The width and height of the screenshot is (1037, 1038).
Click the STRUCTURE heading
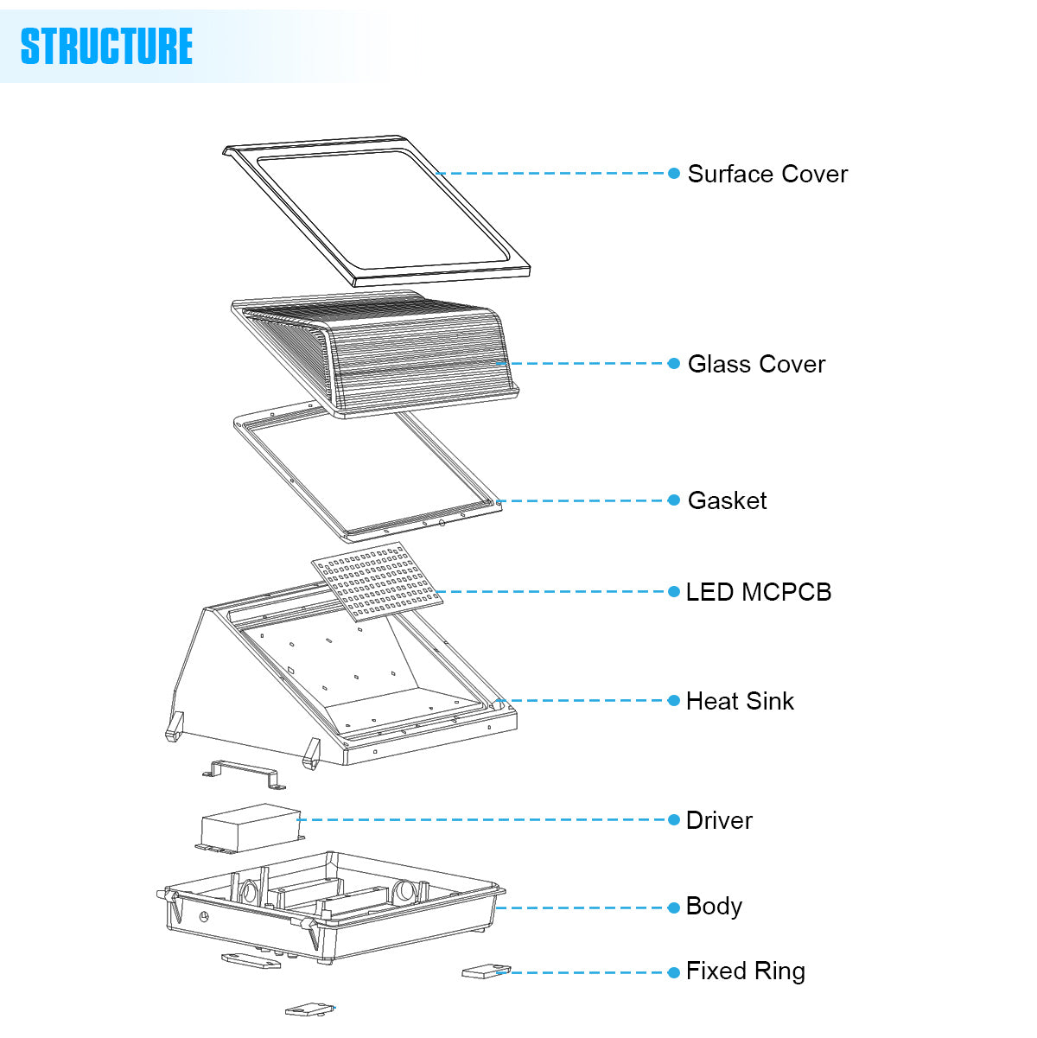coord(106,46)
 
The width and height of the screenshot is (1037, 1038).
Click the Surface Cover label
coord(767,174)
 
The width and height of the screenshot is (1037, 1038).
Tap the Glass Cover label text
coord(756,364)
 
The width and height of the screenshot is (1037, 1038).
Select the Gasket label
coord(727,500)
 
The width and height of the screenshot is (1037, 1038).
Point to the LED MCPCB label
coord(758,592)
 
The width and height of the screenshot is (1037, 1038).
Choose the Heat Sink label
coord(740,701)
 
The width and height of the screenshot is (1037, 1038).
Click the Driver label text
coord(719,820)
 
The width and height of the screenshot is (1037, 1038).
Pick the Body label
coord(714,906)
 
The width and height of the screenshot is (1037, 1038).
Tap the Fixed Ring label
coord(745,971)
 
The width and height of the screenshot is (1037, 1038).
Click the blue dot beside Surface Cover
coord(674,174)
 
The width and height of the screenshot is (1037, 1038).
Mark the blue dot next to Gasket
coord(674,500)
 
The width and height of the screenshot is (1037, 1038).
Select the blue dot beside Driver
coord(674,820)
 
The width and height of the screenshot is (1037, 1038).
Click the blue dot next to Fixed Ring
coord(674,972)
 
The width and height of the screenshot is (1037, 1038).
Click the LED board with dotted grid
coord(378,581)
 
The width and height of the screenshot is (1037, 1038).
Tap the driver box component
coord(250,827)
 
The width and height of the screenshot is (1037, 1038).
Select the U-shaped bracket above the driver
coord(245,772)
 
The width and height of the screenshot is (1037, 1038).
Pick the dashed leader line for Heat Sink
coord(588,701)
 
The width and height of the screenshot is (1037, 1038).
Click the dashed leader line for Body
coord(588,907)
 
